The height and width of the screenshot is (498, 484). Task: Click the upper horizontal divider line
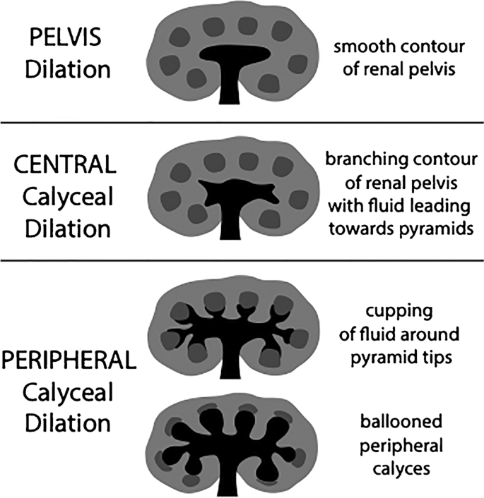(242, 123)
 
